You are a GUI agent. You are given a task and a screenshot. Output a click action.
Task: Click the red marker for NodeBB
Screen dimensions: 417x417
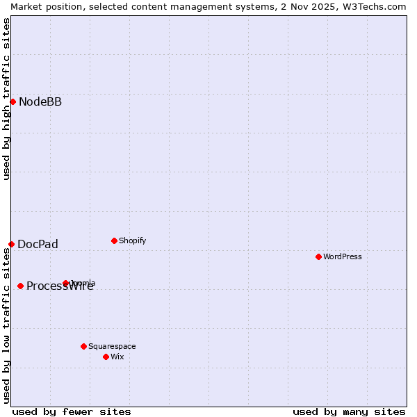tap(13, 102)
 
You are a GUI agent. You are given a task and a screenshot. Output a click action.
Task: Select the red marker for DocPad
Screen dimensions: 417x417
tap(11, 244)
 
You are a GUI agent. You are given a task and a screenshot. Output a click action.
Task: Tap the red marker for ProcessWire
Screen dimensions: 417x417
tap(20, 286)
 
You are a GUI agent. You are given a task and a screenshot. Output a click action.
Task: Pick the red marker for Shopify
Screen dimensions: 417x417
tap(114, 240)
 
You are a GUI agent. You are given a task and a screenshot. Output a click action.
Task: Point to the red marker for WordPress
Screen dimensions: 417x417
tap(318, 256)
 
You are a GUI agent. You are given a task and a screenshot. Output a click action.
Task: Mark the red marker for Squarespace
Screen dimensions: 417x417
tap(83, 346)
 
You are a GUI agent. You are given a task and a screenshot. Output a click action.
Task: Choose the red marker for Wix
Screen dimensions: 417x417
tap(106, 357)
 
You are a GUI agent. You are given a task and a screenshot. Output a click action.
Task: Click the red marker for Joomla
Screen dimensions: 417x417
tap(65, 283)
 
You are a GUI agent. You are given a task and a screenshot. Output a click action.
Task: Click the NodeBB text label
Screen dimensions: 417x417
tap(40, 102)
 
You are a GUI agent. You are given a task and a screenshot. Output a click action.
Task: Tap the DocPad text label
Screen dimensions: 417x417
tap(38, 244)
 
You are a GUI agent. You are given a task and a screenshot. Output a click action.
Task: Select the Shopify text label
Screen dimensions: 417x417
tap(132, 240)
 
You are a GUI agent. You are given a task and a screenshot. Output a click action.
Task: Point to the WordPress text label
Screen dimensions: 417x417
tap(343, 256)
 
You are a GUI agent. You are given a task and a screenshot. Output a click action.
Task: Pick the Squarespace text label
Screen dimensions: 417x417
tap(112, 346)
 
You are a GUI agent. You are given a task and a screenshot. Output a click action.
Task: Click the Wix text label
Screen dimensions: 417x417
tap(117, 357)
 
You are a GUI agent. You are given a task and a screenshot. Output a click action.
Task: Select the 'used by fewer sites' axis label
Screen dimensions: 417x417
tap(72, 411)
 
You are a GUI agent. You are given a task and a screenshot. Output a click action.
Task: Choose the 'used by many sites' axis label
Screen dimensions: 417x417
tap(349, 411)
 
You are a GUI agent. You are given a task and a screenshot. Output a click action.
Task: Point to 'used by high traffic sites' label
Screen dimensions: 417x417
tap(6, 99)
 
